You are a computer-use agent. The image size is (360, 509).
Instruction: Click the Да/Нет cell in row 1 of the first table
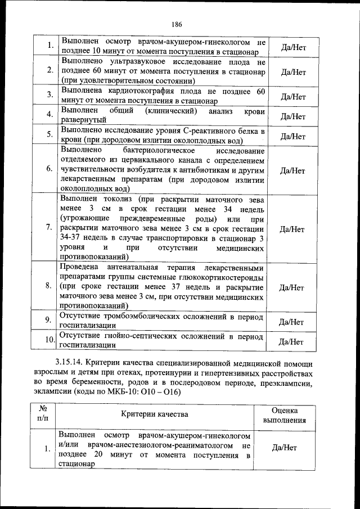point(293,47)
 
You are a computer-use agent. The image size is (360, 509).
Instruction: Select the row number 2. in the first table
point(49,70)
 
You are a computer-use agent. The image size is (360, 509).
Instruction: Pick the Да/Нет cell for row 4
point(293,117)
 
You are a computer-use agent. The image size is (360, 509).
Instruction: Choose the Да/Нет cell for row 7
point(293,229)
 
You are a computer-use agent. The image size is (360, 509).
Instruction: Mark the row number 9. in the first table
point(49,320)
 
